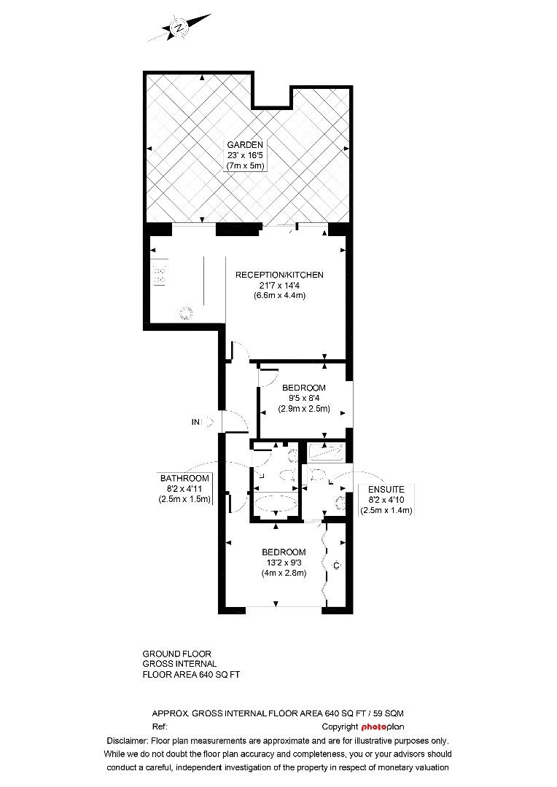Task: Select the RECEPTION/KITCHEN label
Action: pyautogui.click(x=280, y=275)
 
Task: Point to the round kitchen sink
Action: pyautogui.click(x=186, y=313)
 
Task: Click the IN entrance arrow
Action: pyautogui.click(x=209, y=422)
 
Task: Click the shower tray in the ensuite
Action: pyautogui.click(x=325, y=452)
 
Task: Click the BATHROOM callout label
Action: pyautogui.click(x=184, y=478)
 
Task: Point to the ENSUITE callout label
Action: pyautogui.click(x=386, y=490)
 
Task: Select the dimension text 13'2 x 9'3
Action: pyautogui.click(x=284, y=563)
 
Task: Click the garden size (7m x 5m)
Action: pyautogui.click(x=244, y=166)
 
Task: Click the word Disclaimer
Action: pyautogui.click(x=127, y=741)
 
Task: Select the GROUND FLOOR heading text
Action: pyautogui.click(x=176, y=654)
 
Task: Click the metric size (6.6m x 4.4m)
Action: pyautogui.click(x=280, y=296)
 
